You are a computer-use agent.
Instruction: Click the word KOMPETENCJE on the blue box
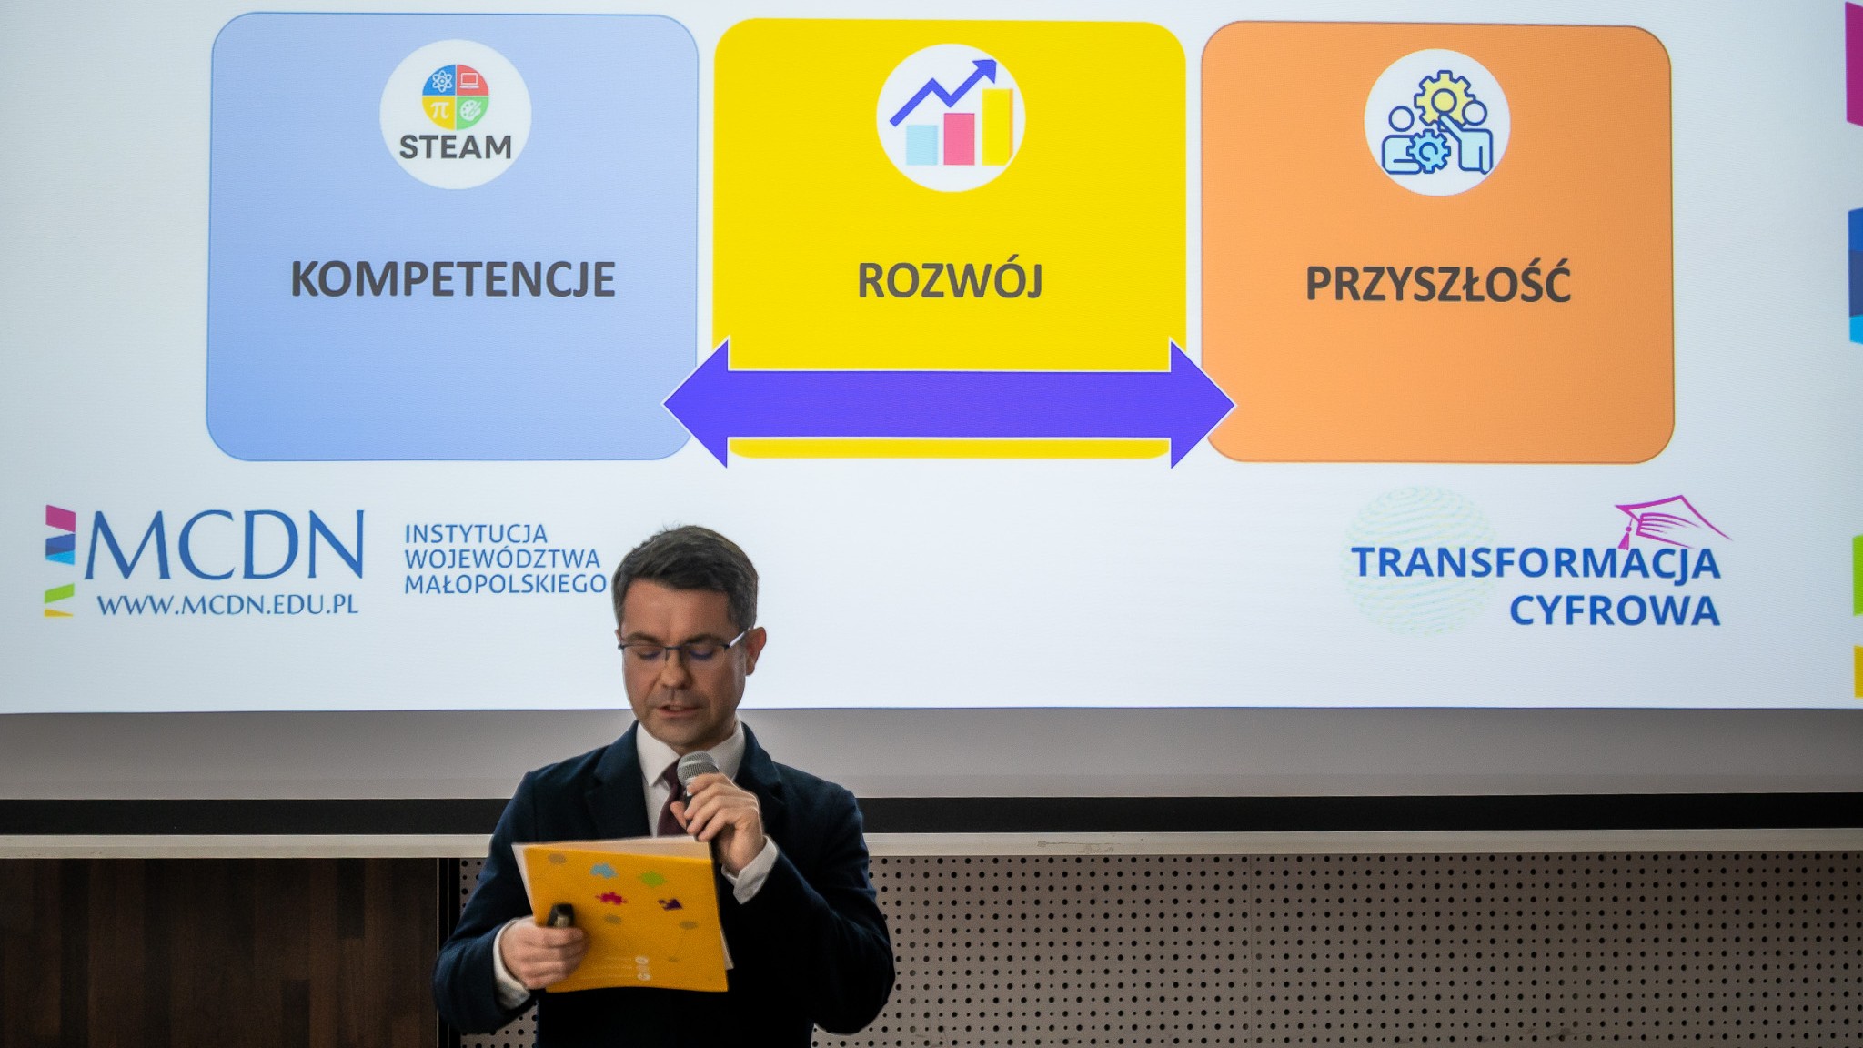[453, 279]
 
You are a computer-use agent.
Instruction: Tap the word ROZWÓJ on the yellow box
[950, 280]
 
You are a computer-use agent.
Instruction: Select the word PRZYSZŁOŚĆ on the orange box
[1437, 283]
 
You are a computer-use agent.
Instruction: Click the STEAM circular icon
[456, 115]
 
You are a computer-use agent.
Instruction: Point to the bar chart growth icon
[951, 117]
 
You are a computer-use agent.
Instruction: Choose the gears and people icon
[1437, 123]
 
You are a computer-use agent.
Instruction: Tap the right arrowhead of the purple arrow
[1202, 404]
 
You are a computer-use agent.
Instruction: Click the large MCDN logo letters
[224, 546]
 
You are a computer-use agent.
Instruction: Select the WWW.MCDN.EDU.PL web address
[227, 605]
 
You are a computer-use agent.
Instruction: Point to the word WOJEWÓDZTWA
[502, 559]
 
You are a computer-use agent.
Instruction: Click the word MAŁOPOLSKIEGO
[505, 584]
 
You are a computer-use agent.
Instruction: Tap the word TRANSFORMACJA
[1536, 563]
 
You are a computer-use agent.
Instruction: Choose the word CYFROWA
[1615, 611]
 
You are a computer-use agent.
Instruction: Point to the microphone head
[697, 769]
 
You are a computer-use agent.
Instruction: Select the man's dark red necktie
[672, 800]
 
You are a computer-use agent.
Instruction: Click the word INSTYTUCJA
[476, 533]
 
